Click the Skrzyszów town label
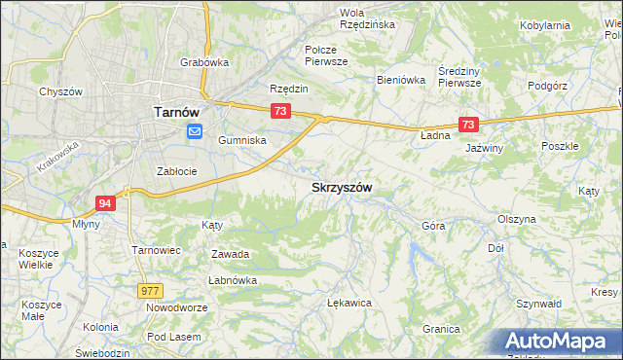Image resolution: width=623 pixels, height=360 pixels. [x=341, y=187]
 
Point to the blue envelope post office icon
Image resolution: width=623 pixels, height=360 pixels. [x=195, y=132]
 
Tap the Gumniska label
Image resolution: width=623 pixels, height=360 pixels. [x=241, y=140]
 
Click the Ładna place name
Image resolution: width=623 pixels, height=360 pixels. [x=435, y=135]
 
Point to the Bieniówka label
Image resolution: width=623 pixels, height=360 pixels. [x=402, y=80]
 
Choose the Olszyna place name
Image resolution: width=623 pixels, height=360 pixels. [x=516, y=219]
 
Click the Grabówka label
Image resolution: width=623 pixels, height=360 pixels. [x=204, y=62]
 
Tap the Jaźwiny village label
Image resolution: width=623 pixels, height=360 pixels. [x=484, y=148]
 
